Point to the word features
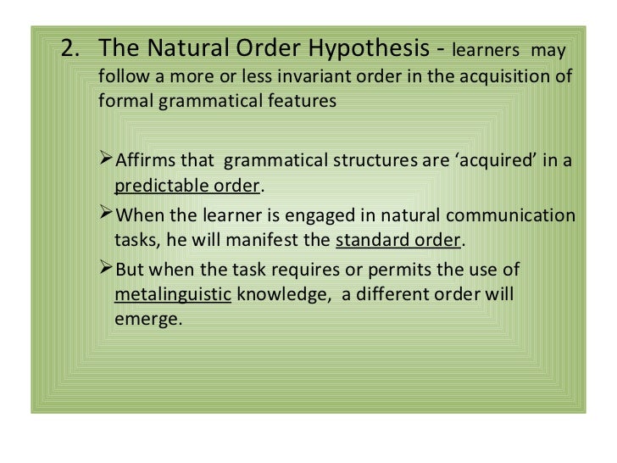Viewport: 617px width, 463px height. click(x=305, y=101)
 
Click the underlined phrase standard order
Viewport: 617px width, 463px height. click(x=398, y=240)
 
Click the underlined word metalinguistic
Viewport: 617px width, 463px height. click(x=173, y=295)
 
